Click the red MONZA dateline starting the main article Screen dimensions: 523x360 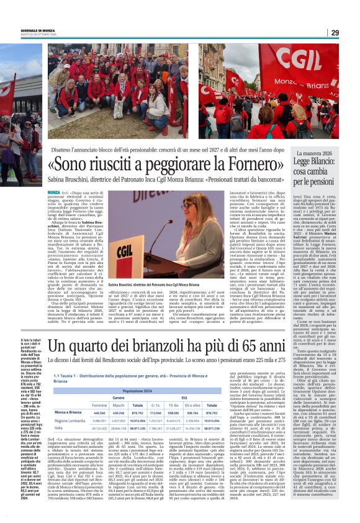coord(54,193)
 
